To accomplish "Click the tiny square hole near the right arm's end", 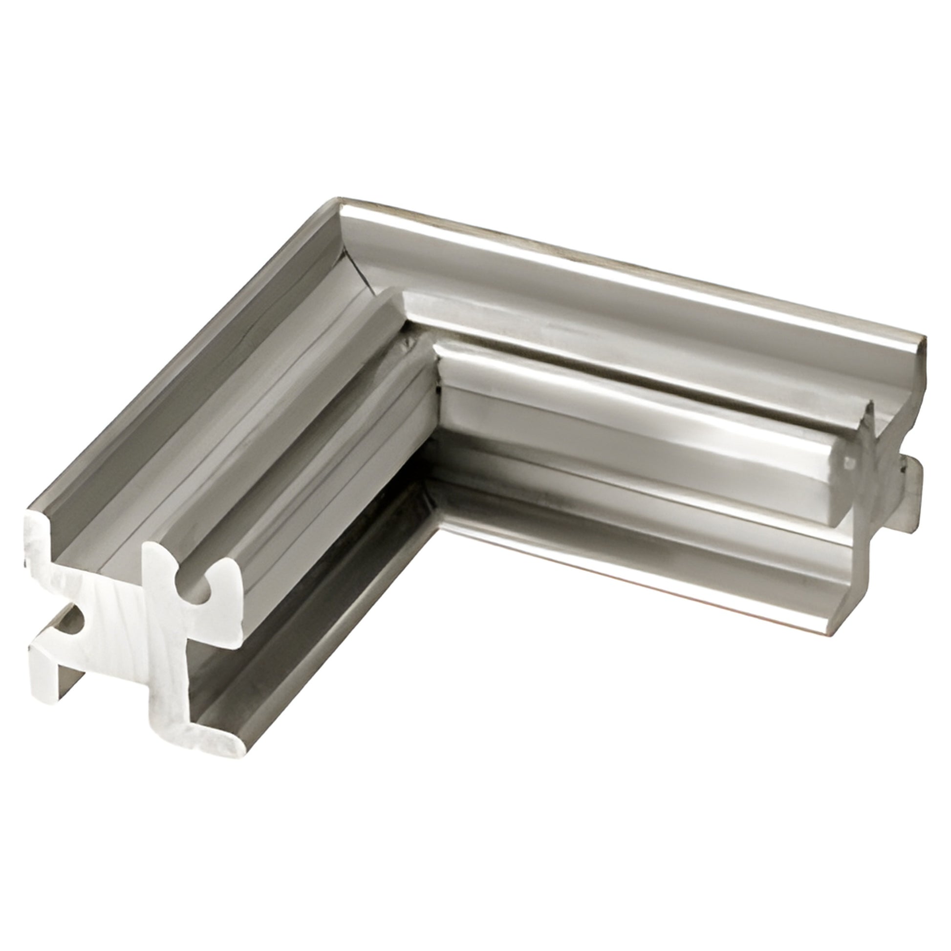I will click(848, 463).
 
